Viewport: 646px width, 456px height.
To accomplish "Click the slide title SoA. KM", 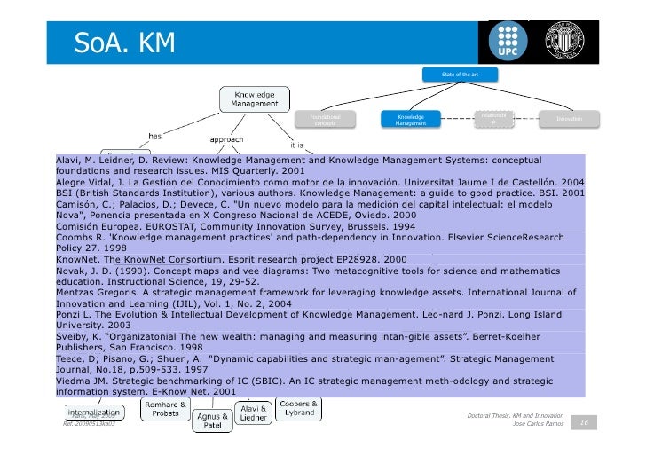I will [125, 42].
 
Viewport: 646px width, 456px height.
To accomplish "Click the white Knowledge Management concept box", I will [254, 99].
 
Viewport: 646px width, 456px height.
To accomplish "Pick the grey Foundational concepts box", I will [326, 119].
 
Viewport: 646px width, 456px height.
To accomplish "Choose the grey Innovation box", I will [569, 118].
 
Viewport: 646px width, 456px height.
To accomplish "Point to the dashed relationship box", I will [493, 118].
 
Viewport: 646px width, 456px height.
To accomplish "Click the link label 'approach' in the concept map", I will [227, 139].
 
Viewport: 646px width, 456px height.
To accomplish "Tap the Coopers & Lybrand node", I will [299, 409].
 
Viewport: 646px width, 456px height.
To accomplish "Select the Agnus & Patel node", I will [212, 421].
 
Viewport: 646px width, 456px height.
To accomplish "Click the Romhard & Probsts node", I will [165, 409].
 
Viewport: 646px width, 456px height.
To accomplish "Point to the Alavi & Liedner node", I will [253, 413].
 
